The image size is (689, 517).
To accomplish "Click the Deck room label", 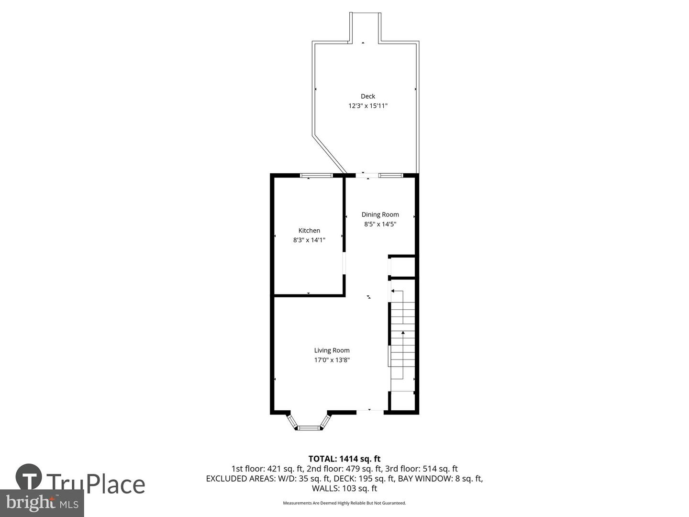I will coord(367,96).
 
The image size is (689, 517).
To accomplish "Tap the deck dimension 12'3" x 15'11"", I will coord(367,106).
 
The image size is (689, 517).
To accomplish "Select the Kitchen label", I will coord(309,231).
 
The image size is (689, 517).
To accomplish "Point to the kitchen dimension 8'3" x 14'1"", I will coord(309,240).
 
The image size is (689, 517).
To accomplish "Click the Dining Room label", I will coord(380,214).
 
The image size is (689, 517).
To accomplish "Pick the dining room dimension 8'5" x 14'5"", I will coord(380,224).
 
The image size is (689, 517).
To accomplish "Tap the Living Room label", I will coord(332,350).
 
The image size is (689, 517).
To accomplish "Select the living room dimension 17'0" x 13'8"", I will coord(332,360).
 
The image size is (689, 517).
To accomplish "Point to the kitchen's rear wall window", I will coord(316,176).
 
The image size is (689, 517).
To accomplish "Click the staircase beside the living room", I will coord(402,340).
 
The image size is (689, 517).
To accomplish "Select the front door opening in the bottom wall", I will coord(370,411).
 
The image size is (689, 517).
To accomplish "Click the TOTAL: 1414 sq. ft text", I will coord(344,459).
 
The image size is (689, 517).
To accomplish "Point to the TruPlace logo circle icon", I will coord(29,477).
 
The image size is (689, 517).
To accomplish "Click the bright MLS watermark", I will coord(42,503).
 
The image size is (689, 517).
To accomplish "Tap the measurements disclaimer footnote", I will coord(344,503).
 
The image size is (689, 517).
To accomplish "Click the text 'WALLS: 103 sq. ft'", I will coord(344,489).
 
